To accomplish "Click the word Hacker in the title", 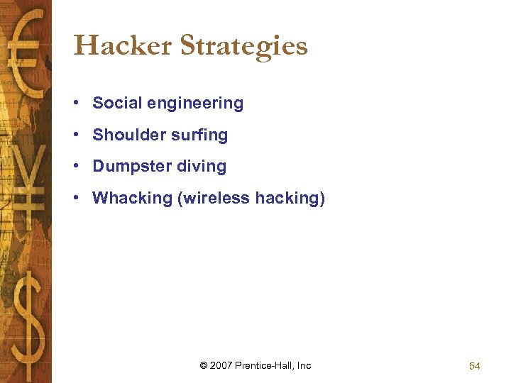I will coord(123,46).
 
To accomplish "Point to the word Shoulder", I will coord(123,135).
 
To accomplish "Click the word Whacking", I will coord(133,199).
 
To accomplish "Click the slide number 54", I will coord(474,366).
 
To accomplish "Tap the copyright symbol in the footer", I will coord(204,365).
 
